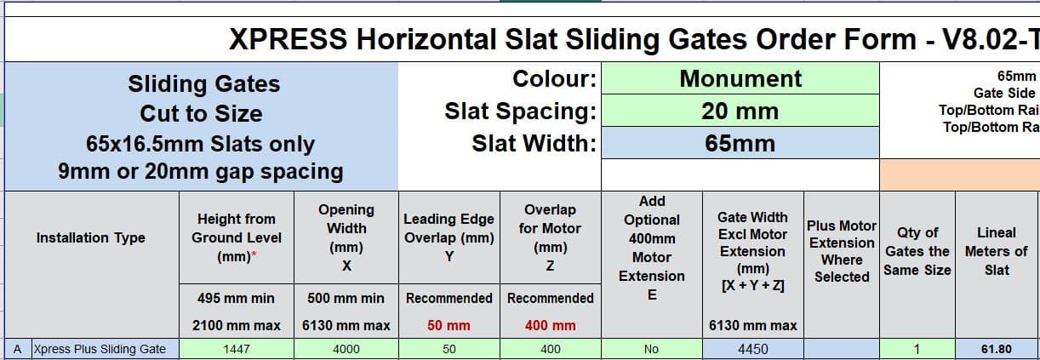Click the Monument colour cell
740,78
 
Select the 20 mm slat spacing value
740,111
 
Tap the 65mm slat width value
740,143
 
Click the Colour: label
554,78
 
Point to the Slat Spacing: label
521,111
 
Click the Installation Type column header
91,237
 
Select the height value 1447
237,349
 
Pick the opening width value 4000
346,349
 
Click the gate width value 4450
753,349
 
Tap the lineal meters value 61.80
997,349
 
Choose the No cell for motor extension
651,349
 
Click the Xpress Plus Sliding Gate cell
100,349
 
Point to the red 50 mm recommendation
449,325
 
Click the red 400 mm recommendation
550,325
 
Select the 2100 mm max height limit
237,325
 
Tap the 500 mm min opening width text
346,298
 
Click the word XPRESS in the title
288,39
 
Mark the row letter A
18,349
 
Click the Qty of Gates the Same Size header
917,251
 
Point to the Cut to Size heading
201,114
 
